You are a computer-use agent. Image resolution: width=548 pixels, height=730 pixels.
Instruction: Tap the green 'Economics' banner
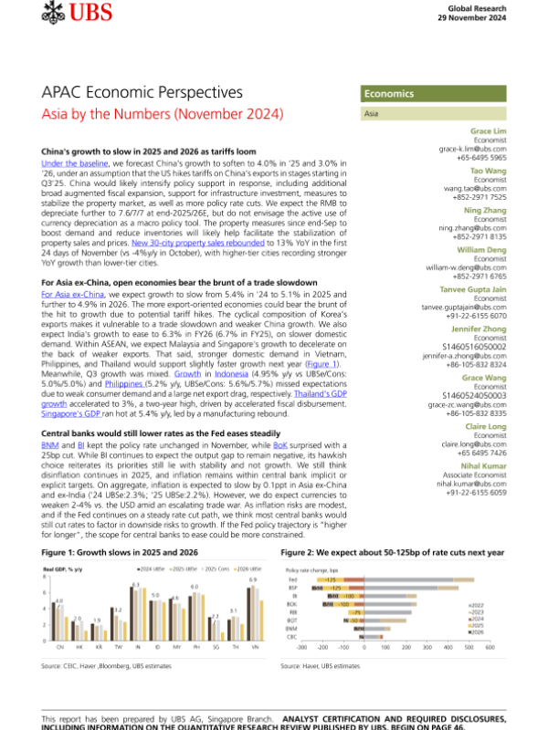click(389, 94)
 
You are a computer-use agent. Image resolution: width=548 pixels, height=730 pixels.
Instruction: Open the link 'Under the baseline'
click(78, 162)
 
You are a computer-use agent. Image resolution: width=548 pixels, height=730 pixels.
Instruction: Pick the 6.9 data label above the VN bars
click(252, 579)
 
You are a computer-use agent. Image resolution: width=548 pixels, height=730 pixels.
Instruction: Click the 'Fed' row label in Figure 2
click(292, 580)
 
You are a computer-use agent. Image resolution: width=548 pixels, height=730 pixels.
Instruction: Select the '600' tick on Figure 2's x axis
click(490, 647)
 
